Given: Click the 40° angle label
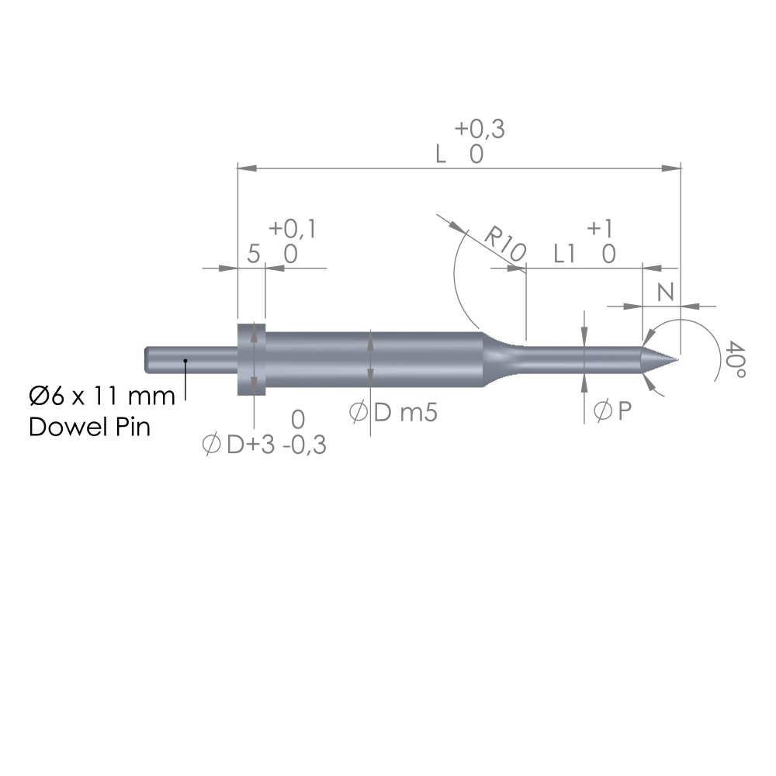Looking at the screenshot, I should tap(736, 362).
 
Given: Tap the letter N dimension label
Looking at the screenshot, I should tap(664, 292).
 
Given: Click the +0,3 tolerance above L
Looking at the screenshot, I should tap(480, 130).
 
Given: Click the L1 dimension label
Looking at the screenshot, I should tap(569, 254).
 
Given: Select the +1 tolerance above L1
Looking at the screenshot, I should tap(601, 228).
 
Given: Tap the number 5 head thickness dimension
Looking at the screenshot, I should tap(252, 254).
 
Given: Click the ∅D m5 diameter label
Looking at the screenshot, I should tap(393, 413).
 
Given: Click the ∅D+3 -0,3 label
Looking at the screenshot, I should tap(264, 446).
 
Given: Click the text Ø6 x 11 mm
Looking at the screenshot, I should tap(102, 397).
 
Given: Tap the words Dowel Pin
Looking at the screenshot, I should tap(89, 427).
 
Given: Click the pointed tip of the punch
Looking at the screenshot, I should tap(674, 359).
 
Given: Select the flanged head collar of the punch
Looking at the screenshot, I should tap(251, 359).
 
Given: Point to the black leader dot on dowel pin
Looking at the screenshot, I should tap(185, 361).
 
